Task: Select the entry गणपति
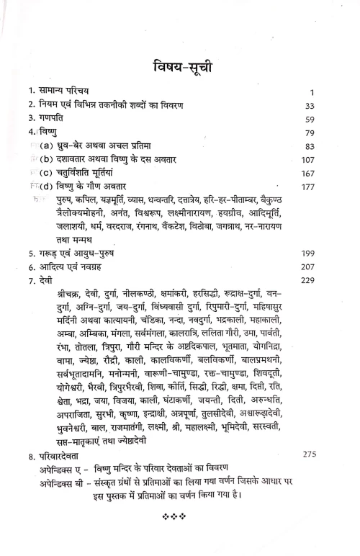click(x=50, y=117)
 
